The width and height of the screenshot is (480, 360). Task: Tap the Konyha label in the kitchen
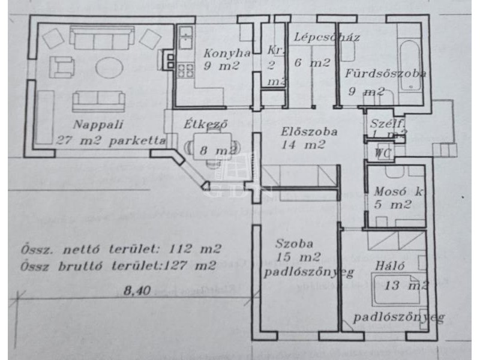coord(218,52)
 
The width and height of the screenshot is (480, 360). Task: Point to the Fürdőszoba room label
coord(385,74)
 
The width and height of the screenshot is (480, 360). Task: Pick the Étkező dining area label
coord(206,125)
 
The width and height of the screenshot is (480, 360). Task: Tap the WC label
coord(382,152)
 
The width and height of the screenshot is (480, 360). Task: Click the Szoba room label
coord(295,244)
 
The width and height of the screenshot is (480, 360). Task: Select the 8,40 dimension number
coord(137,290)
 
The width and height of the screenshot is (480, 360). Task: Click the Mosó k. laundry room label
coord(396,192)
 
